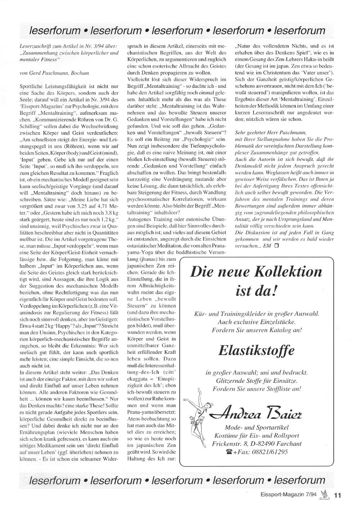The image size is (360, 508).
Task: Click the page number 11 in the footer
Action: click(x=337, y=495)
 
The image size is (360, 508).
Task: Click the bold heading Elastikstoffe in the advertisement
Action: click(x=256, y=350)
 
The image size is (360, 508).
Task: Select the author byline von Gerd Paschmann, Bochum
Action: click(x=54, y=73)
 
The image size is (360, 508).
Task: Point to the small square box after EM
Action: click(x=276, y=246)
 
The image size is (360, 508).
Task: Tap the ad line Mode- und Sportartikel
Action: click(x=256, y=427)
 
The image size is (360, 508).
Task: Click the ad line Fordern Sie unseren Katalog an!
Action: click(x=256, y=330)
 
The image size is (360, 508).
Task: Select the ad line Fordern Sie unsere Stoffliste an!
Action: click(x=256, y=389)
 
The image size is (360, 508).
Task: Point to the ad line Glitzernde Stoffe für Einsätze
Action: click(x=256, y=381)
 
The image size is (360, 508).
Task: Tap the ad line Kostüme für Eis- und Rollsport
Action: click(x=256, y=436)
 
